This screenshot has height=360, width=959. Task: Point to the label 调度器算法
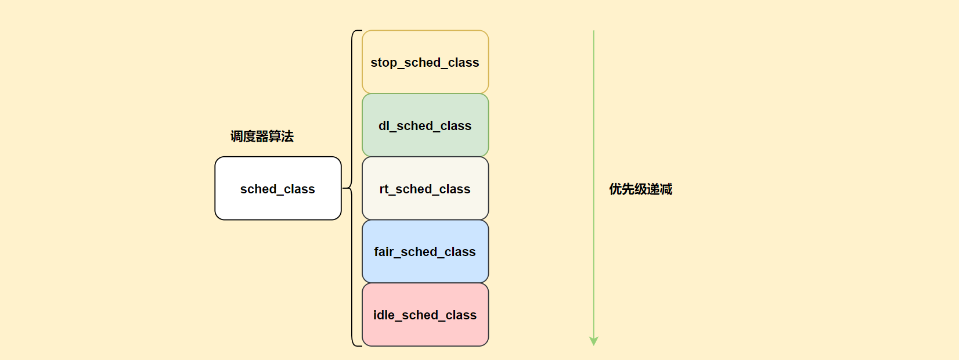click(x=262, y=136)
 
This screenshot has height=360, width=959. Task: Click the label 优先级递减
click(x=640, y=189)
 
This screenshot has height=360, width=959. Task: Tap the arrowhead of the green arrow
click(x=593, y=341)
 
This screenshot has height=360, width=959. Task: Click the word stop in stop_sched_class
click(x=383, y=63)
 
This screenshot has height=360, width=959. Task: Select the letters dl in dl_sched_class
click(x=384, y=126)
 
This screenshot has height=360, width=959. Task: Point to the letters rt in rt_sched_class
click(x=384, y=189)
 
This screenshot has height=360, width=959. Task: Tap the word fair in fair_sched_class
click(x=384, y=252)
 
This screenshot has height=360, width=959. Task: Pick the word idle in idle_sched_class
click(x=384, y=315)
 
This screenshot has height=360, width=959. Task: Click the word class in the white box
click(x=299, y=189)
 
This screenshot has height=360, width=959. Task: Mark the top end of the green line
click(x=593, y=31)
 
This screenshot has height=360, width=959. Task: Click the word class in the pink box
click(x=461, y=315)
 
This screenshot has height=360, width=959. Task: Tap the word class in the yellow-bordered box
click(x=463, y=63)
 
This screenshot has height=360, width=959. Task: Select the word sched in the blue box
click(x=419, y=252)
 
